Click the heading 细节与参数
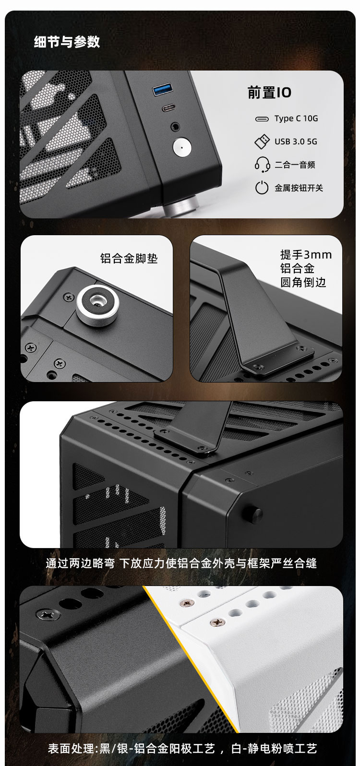point(67,42)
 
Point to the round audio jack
point(176,127)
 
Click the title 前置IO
point(269,92)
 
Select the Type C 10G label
point(296,119)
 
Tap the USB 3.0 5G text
point(296,141)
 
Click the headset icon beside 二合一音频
point(262,164)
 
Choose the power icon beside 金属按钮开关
point(262,188)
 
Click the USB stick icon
point(262,142)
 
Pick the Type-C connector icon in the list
point(262,119)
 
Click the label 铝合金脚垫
point(129,258)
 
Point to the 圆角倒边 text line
point(303,282)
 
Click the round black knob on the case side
point(256,513)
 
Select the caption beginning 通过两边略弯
point(181,563)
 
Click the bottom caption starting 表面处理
point(182,749)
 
